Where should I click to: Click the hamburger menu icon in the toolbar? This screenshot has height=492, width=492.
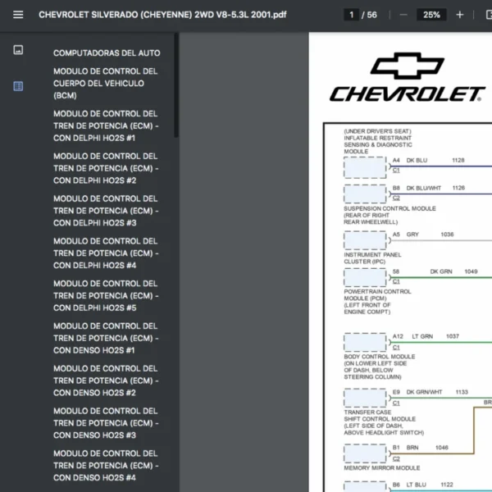[x=18, y=15]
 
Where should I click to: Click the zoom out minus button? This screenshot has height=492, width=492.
[x=403, y=15]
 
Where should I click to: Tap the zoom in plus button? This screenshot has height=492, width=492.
[x=459, y=15]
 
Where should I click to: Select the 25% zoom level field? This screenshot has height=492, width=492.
[x=431, y=15]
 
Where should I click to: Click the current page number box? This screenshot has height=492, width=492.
[x=352, y=15]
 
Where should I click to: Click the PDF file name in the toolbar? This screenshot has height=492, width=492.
[x=162, y=15]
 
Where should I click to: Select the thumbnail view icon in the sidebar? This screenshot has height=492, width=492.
[x=18, y=50]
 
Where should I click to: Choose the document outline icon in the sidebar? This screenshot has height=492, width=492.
[x=18, y=86]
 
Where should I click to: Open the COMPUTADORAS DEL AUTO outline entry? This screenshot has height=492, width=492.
[x=107, y=53]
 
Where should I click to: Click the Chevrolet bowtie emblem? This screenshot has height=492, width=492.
[x=407, y=66]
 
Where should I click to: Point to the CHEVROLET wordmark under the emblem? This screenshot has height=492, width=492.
[x=407, y=94]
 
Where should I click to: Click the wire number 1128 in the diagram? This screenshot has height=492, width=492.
[x=458, y=161]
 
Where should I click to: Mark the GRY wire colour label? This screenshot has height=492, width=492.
[x=412, y=235]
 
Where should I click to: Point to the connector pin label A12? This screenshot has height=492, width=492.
[x=398, y=336]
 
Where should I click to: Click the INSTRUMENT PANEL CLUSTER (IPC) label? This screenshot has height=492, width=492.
[x=372, y=258]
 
